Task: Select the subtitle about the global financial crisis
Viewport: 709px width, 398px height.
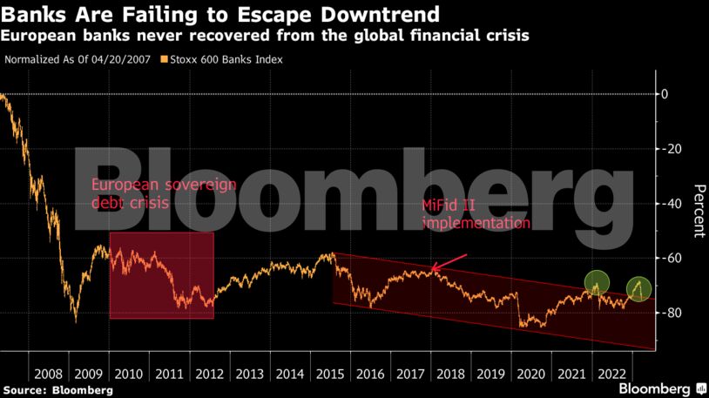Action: tap(267, 37)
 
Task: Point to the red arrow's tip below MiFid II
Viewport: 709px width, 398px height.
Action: tap(433, 271)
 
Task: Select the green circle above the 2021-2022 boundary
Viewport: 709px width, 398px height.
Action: tap(596, 282)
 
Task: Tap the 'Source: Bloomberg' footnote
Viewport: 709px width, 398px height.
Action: tap(57, 390)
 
